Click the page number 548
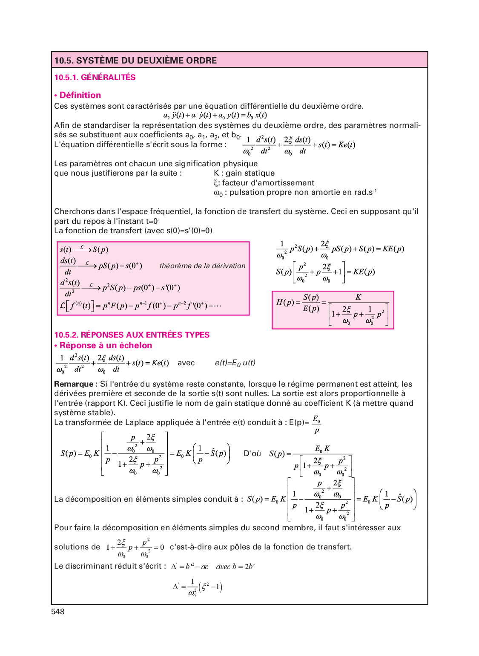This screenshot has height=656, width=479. pyautogui.click(x=58, y=612)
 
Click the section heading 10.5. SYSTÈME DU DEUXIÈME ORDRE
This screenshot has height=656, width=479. pyautogui.click(x=135, y=61)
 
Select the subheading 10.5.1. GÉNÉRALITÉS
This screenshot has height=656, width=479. pyautogui.click(x=95, y=78)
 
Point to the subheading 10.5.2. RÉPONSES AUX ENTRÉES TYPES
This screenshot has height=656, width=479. pyautogui.click(x=132, y=335)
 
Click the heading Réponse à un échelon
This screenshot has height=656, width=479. pyautogui.click(x=106, y=346)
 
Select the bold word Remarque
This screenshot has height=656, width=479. pyautogui.click(x=74, y=384)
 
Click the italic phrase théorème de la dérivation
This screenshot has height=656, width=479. pyautogui.click(x=202, y=266)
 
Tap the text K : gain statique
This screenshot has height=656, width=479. pyautogui.click(x=244, y=173)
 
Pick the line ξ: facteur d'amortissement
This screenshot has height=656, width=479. pyautogui.click(x=264, y=183)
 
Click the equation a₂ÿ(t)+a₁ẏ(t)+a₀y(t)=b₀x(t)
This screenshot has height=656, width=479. pyautogui.click(x=215, y=116)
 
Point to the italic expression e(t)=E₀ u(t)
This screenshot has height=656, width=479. pyautogui.click(x=235, y=363)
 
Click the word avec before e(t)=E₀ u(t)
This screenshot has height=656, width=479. pyautogui.click(x=186, y=363)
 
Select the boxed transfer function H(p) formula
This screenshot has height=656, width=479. pyautogui.click(x=333, y=310)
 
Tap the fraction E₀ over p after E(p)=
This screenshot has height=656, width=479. pyautogui.click(x=316, y=425)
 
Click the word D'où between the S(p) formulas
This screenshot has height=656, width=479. pyautogui.click(x=252, y=454)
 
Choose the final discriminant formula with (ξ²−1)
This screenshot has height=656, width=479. pyautogui.click(x=198, y=587)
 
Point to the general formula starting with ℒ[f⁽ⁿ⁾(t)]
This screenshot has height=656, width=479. pyautogui.click(x=141, y=306)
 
